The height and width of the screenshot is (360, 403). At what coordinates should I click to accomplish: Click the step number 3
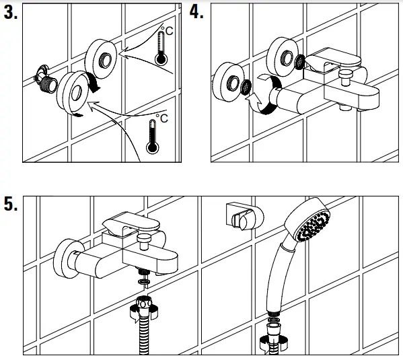click(x=11, y=13)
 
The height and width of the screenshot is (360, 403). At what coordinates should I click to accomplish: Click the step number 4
click(x=196, y=12)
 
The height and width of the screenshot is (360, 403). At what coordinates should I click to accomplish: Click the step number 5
click(x=11, y=204)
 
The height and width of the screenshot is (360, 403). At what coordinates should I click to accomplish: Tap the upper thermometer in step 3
click(x=161, y=48)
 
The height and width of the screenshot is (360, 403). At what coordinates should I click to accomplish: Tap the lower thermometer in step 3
click(x=153, y=137)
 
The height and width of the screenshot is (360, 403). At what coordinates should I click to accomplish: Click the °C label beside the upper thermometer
click(x=167, y=30)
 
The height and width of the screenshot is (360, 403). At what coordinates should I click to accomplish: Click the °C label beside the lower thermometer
click(x=162, y=118)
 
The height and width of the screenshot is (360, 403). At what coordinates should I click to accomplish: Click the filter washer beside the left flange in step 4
click(x=246, y=87)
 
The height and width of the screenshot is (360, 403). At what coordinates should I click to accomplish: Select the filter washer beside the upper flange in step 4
click(x=300, y=62)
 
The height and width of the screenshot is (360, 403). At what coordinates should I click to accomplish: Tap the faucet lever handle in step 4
click(x=332, y=59)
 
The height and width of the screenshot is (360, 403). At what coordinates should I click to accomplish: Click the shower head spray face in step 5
click(x=314, y=225)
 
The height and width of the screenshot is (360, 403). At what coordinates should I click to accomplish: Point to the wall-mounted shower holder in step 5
click(x=244, y=216)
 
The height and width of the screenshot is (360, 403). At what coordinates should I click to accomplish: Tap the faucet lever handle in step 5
click(x=131, y=223)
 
